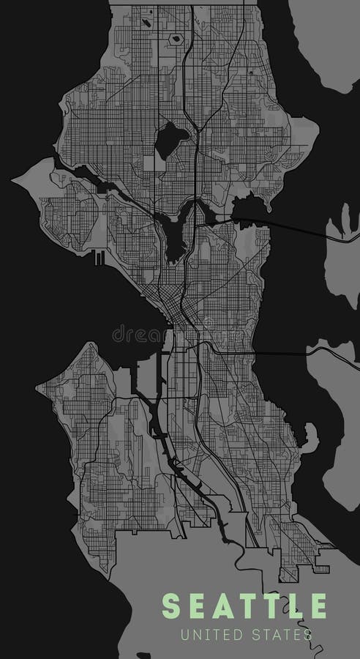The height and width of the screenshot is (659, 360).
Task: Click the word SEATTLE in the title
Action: pyautogui.click(x=244, y=607)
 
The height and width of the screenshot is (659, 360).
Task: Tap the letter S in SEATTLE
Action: pyautogui.click(x=170, y=607)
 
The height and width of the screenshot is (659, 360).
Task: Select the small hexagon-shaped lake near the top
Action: pyautogui.click(x=175, y=37)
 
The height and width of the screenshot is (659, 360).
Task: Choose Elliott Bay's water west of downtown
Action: pyautogui.click(x=124, y=308)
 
